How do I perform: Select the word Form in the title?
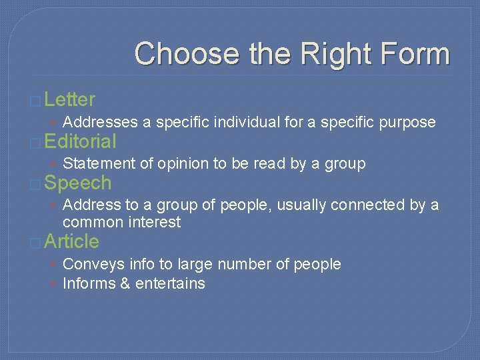(409, 53)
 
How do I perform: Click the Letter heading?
(70, 100)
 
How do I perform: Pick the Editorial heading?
(81, 141)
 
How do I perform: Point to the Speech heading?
(78, 183)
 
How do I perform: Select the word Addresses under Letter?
(100, 122)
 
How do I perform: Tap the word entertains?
(170, 283)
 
